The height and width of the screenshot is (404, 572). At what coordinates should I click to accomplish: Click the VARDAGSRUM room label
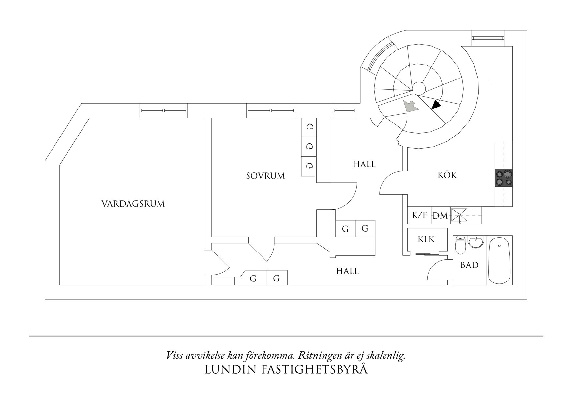133,204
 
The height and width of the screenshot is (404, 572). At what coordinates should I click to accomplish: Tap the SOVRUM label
265,176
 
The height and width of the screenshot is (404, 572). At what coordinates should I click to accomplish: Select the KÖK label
447,175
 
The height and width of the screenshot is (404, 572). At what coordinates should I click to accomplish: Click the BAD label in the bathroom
469,265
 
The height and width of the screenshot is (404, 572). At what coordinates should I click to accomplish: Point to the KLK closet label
426,239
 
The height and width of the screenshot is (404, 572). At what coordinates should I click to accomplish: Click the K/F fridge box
419,215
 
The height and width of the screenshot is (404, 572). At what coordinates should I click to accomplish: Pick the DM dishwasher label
440,216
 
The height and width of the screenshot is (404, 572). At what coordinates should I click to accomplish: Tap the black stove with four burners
504,178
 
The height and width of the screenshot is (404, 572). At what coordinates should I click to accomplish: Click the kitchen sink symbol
459,215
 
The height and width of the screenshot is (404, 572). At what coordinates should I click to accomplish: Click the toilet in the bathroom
460,245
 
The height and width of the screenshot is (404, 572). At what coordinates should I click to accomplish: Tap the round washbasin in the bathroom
476,242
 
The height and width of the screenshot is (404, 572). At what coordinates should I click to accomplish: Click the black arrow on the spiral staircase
436,105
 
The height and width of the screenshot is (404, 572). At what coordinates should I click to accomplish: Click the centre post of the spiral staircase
418,88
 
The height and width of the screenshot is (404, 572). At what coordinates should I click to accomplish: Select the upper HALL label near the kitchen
364,164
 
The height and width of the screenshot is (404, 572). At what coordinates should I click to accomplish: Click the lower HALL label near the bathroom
347,271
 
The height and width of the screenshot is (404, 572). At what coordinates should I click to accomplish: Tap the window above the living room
164,111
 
